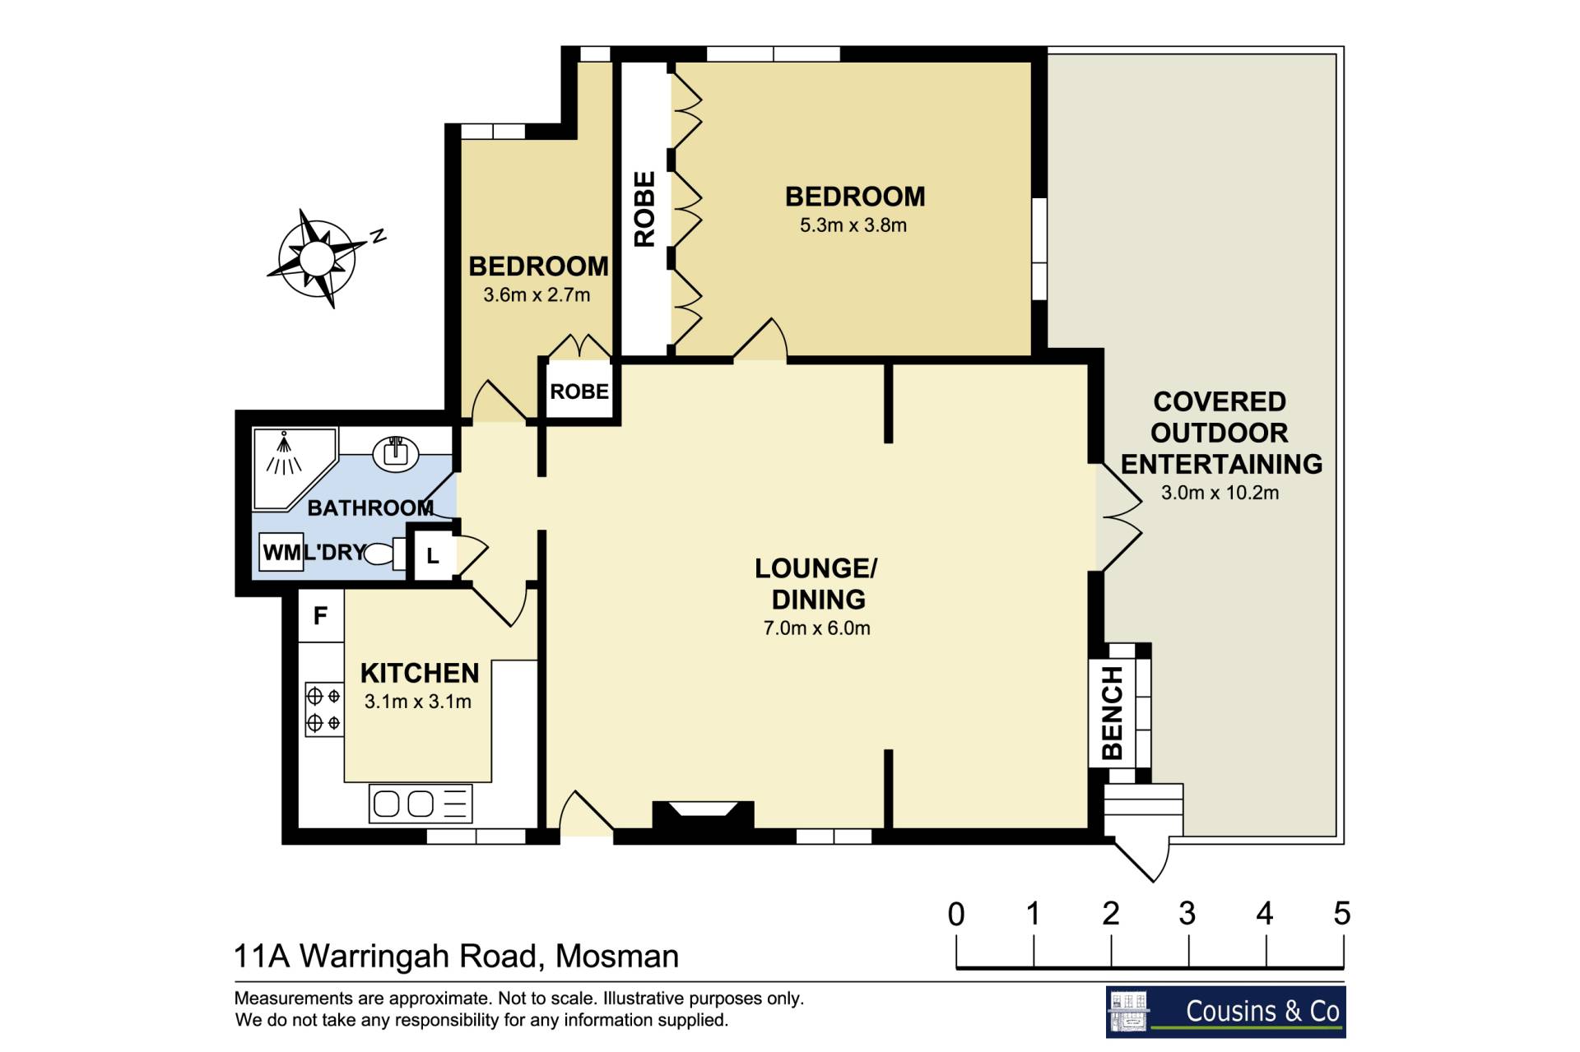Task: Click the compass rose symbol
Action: (317, 258)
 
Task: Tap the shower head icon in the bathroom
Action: (284, 454)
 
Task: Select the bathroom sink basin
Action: (396, 452)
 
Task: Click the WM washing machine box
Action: (281, 552)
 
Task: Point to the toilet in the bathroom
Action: (384, 554)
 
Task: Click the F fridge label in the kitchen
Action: (320, 615)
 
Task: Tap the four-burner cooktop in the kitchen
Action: (323, 709)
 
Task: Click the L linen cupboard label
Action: (433, 557)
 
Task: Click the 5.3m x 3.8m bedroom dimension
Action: (853, 225)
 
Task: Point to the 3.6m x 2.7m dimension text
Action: (537, 295)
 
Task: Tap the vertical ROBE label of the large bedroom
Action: (644, 209)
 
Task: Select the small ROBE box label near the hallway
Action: (579, 392)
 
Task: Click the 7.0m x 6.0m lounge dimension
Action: (816, 628)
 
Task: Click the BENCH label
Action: (1112, 712)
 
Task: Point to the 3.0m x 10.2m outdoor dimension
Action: (1220, 494)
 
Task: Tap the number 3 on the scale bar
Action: (1187, 913)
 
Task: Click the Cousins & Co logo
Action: (1225, 1012)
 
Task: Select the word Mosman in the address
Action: (617, 957)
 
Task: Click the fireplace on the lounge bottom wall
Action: (703, 814)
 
